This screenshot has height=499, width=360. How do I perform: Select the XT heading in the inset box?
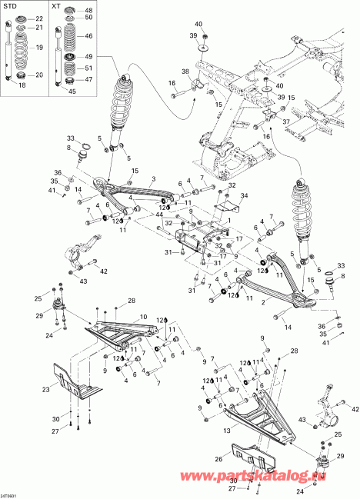[x=56, y=6]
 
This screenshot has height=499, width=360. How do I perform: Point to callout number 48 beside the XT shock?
[x=88, y=9]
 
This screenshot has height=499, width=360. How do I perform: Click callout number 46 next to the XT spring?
[x=88, y=36]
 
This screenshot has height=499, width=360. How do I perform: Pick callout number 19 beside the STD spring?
[x=38, y=48]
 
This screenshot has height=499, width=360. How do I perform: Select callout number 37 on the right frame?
[x=286, y=121]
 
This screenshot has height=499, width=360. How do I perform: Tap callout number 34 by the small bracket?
[x=245, y=196]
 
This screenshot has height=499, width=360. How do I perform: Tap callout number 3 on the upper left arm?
[x=153, y=178]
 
